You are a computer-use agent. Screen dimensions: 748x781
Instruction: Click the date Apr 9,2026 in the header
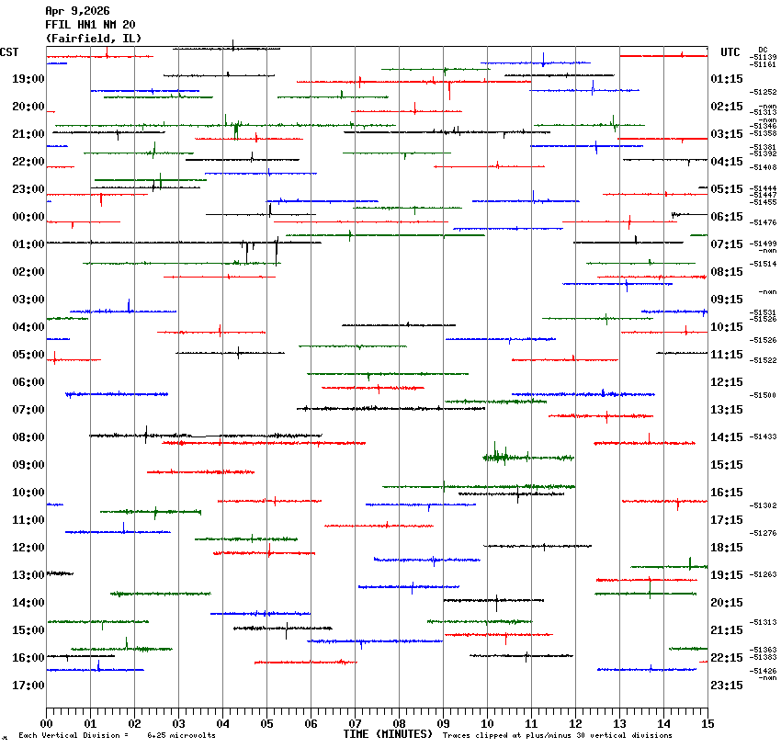point(77,11)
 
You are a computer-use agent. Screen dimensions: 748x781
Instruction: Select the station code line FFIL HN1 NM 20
point(90,25)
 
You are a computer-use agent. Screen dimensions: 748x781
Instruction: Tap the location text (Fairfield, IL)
point(94,39)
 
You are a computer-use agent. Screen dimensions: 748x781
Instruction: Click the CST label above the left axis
point(10,52)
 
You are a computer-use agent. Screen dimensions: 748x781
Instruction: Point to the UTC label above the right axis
point(730,52)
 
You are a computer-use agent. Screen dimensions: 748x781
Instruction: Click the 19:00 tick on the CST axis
point(28,79)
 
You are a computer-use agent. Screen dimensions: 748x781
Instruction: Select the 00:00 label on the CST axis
point(28,217)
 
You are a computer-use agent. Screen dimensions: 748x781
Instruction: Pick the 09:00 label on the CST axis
point(28,465)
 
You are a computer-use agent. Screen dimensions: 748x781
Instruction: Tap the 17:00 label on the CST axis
point(28,686)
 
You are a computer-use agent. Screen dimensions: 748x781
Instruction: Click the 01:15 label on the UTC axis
point(727,79)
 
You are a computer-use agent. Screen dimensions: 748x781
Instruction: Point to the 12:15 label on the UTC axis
point(727,382)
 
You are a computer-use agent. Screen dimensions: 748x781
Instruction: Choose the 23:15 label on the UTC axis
point(727,686)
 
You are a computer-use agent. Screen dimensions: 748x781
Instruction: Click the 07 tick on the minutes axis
point(355,722)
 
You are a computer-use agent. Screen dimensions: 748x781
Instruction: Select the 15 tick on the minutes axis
point(707,722)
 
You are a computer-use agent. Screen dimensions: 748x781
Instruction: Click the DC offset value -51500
point(764,395)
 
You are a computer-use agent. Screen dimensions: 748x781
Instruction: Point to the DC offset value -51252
point(764,92)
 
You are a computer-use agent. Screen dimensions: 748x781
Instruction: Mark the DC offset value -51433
point(764,436)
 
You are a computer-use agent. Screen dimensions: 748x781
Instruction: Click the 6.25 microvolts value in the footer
point(182,735)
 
